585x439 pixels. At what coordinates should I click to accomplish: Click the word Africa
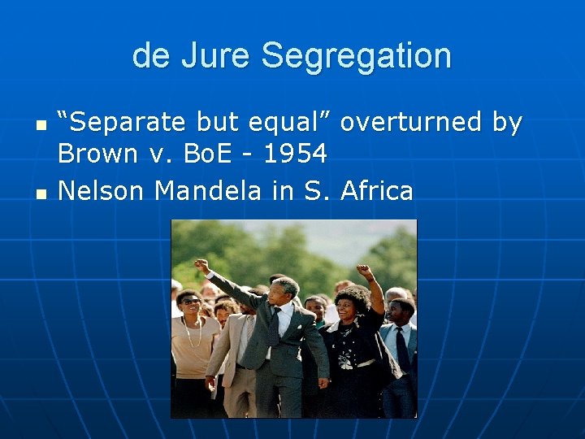[x=377, y=191]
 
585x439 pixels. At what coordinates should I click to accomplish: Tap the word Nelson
[x=102, y=191]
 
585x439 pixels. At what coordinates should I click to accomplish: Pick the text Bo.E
[x=210, y=153]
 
